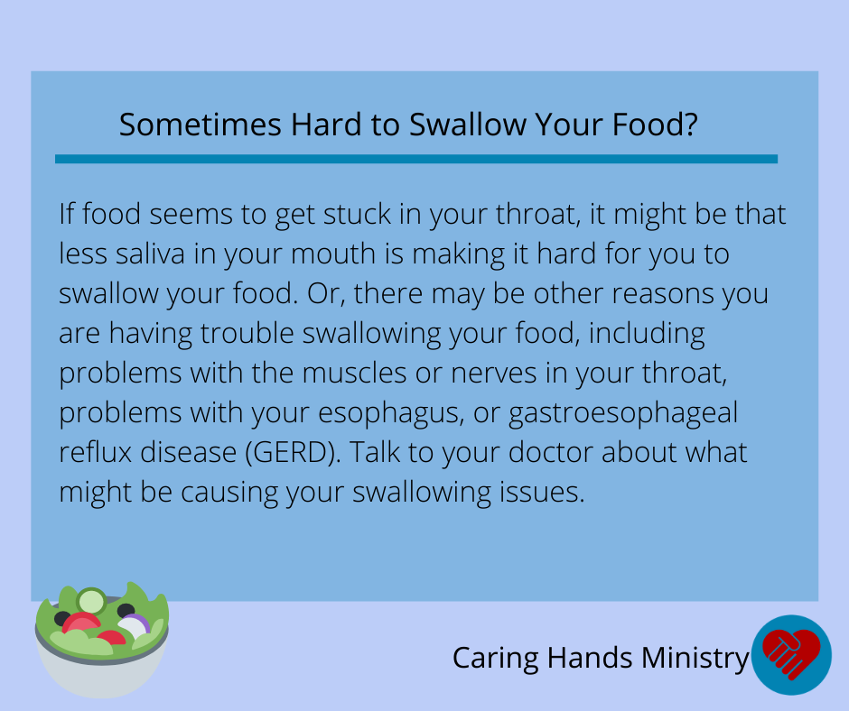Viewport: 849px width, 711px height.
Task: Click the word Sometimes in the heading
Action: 201,125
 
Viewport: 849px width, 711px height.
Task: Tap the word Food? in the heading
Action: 655,125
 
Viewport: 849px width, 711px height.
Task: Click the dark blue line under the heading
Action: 415,159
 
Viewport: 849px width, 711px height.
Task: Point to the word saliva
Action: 150,254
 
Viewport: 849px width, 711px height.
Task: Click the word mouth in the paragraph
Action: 333,254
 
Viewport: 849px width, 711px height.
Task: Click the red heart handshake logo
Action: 791,652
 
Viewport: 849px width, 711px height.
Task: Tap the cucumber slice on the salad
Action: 91,601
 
